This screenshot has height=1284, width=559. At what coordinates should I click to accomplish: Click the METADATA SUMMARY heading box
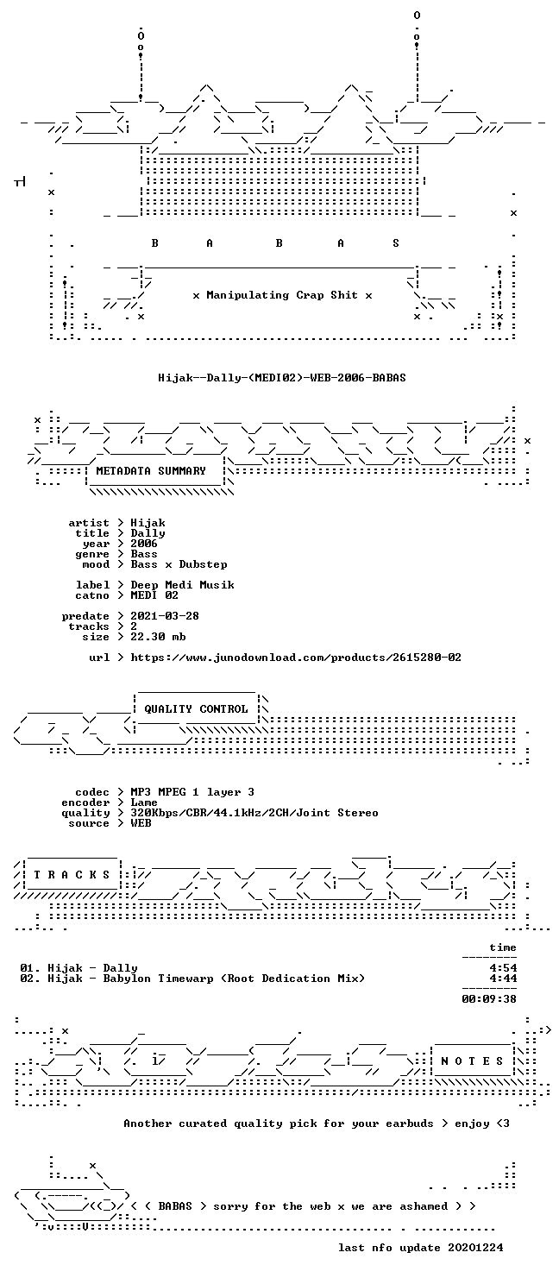coord(151,470)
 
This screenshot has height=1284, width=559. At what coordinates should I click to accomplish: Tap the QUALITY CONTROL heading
coord(196,709)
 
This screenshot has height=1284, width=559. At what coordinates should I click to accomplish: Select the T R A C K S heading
coord(72,875)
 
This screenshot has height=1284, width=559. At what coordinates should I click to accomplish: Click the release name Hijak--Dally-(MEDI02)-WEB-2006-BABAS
coord(282,378)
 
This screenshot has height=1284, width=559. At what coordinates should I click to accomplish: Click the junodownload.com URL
coord(296,658)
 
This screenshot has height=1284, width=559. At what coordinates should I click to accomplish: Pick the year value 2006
coord(144,544)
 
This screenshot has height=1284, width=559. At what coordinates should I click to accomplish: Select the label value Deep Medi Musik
coord(182,585)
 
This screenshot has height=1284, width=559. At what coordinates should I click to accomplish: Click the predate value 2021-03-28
coord(165,616)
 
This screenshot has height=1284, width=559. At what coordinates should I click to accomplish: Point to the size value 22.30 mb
coord(158,637)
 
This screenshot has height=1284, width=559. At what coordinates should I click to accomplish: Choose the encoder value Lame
coord(144,802)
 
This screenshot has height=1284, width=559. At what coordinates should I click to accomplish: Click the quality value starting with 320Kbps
coord(254,813)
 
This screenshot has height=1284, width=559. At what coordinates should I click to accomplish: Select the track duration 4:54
coord(503,968)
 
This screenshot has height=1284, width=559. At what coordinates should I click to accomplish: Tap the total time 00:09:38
coord(489,999)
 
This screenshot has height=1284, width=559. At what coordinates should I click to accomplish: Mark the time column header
coord(503,947)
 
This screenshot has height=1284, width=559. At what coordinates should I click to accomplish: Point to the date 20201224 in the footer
coord(475,1248)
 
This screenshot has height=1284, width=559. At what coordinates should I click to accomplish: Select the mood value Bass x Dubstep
coord(179,564)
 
